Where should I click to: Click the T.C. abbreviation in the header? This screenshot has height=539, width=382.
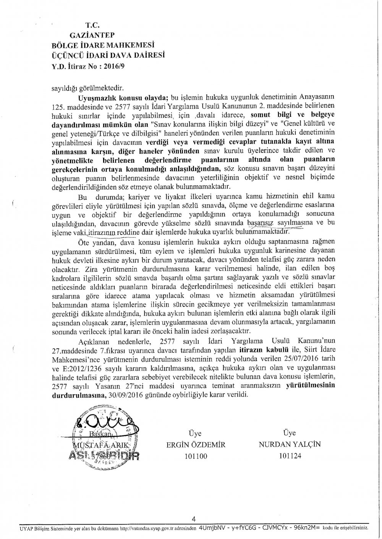pos(92,26)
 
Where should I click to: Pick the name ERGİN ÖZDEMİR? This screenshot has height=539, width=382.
pos(195,444)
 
